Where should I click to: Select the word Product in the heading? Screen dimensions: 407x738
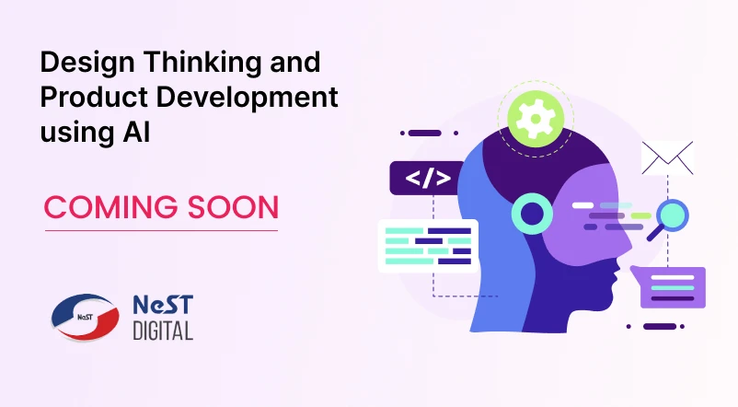(84, 98)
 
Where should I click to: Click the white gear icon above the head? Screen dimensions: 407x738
(535, 118)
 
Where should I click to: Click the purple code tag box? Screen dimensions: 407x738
(426, 178)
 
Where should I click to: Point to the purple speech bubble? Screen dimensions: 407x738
(672, 287)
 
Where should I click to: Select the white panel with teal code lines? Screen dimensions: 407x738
(428, 245)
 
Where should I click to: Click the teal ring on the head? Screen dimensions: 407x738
(533, 215)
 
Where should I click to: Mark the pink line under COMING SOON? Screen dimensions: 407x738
(161, 230)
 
